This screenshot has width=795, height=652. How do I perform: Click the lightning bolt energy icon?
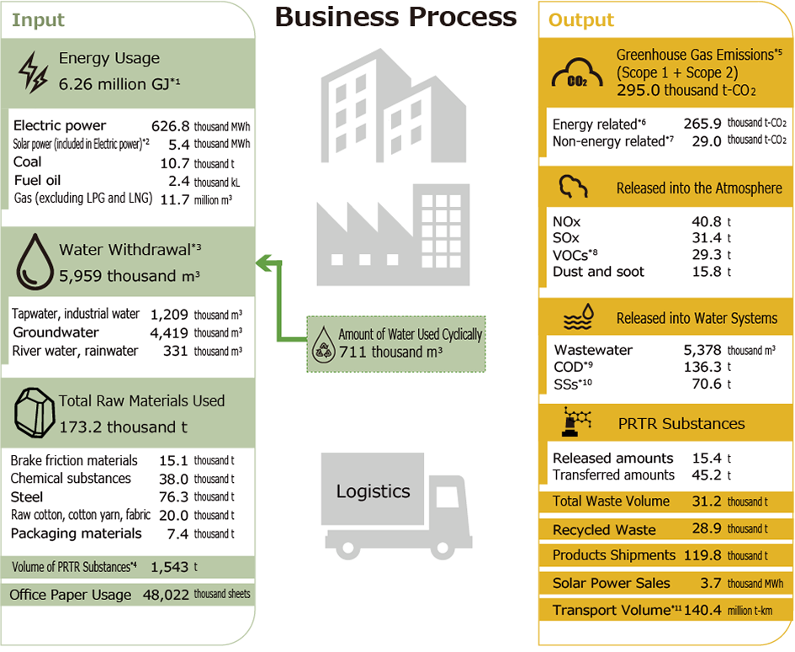click(x=33, y=72)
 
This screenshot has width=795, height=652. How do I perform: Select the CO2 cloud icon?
click(x=577, y=74)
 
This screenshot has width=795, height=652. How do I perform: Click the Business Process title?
click(x=395, y=17)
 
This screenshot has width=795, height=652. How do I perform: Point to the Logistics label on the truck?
click(x=374, y=490)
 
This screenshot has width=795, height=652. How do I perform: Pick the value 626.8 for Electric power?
click(x=170, y=125)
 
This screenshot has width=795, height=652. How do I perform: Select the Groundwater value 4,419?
click(x=169, y=333)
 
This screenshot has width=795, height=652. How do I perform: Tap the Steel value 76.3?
click(x=173, y=497)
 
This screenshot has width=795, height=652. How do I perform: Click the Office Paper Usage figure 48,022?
click(x=166, y=595)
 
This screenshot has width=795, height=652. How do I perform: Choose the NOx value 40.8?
click(x=707, y=221)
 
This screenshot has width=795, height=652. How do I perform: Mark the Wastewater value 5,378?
click(x=702, y=350)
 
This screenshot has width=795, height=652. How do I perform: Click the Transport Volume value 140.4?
click(x=702, y=610)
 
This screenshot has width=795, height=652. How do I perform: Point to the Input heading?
click(x=38, y=20)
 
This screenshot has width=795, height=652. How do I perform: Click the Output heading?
click(x=581, y=20)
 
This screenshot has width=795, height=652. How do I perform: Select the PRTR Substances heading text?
click(x=681, y=423)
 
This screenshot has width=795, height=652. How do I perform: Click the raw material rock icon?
click(x=34, y=413)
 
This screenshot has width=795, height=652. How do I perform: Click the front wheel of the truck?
click(x=443, y=548)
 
